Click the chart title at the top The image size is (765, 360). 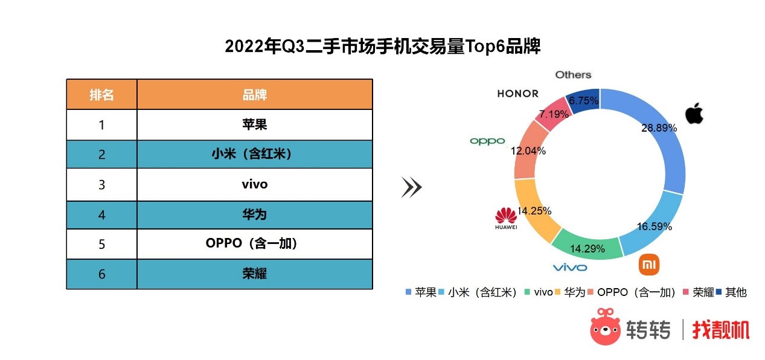tap(383, 46)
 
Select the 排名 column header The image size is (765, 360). tap(102, 95)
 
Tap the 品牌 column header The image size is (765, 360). tap(255, 95)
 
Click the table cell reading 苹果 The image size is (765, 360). tap(255, 124)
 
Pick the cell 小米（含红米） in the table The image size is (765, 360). tap(255, 155)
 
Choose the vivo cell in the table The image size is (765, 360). tap(255, 184)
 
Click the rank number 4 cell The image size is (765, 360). tap(102, 215)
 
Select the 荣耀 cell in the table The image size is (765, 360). tap(255, 274)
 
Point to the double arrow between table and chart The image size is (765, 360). tap(412, 187)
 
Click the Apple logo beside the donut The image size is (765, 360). tap(694, 113)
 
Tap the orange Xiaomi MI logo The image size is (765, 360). tap(649, 265)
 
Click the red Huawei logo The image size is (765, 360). tap(506, 218)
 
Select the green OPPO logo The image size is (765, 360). tap(487, 141)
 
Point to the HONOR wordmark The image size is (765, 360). tap(517, 94)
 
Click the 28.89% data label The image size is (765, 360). tap(659, 128)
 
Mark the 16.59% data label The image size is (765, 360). tap(655, 227)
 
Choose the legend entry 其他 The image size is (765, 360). tap(732, 292)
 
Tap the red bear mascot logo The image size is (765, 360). tap(605, 327)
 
